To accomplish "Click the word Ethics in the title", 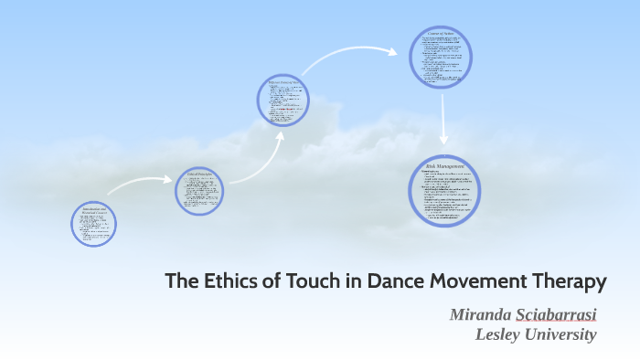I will pos(224,281).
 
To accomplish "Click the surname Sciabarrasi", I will pos(557,315).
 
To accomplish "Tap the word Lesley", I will pos(498,334).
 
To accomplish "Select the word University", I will pos(560,334).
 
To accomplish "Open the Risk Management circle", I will pos(445,191).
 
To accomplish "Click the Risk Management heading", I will pos(445,165).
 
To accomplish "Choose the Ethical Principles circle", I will pos(199,190).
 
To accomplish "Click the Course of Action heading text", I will pos(441,34).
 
